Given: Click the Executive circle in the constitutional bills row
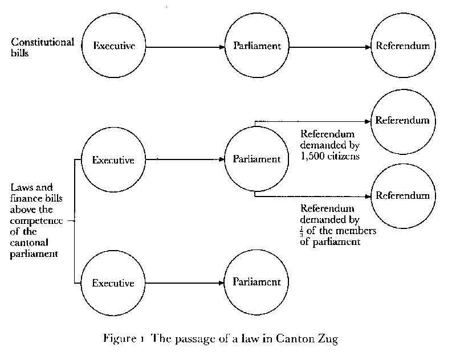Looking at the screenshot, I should tap(113, 46).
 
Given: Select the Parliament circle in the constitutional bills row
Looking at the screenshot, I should tap(257, 46).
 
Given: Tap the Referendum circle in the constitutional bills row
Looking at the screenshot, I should tap(402, 46).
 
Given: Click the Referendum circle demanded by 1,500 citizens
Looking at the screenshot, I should tap(402, 121).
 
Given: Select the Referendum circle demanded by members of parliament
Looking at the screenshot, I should tap(402, 196).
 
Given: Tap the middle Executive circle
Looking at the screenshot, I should tap(113, 160).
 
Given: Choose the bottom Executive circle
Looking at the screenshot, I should tap(113, 283).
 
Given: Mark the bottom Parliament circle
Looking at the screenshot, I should tap(257, 283).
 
